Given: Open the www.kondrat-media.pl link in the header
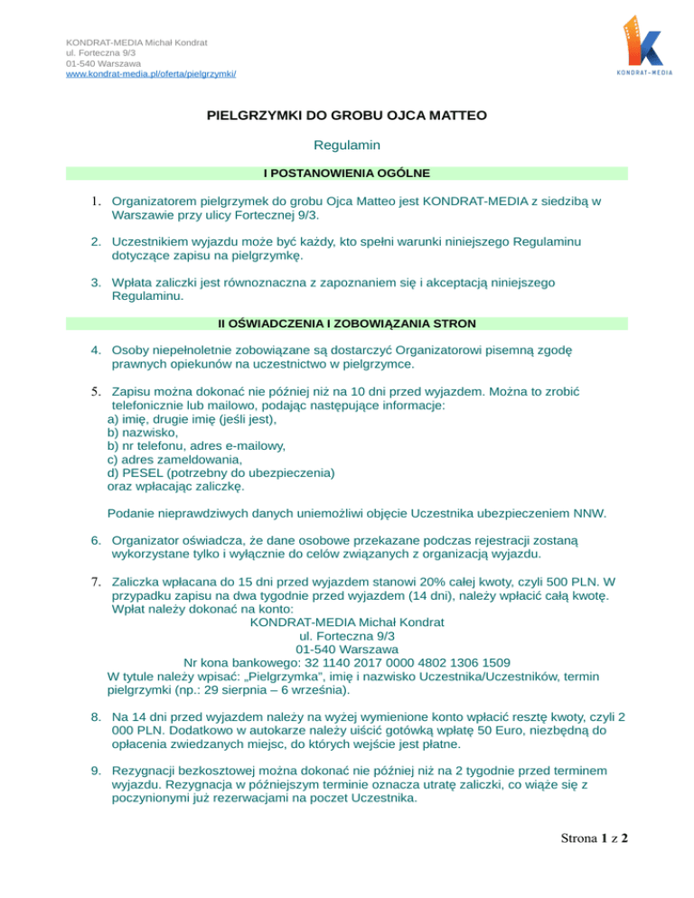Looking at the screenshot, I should click(151, 74).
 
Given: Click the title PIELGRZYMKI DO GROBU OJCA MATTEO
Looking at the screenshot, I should click(347, 116).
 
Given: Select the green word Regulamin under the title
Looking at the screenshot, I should click(347, 145).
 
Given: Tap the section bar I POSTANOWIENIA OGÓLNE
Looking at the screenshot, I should click(347, 172).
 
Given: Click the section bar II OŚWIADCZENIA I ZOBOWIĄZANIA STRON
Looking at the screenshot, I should click(347, 323).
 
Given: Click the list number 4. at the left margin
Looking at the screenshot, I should click(94, 350).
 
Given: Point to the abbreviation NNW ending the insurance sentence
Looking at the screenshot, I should click(587, 514).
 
